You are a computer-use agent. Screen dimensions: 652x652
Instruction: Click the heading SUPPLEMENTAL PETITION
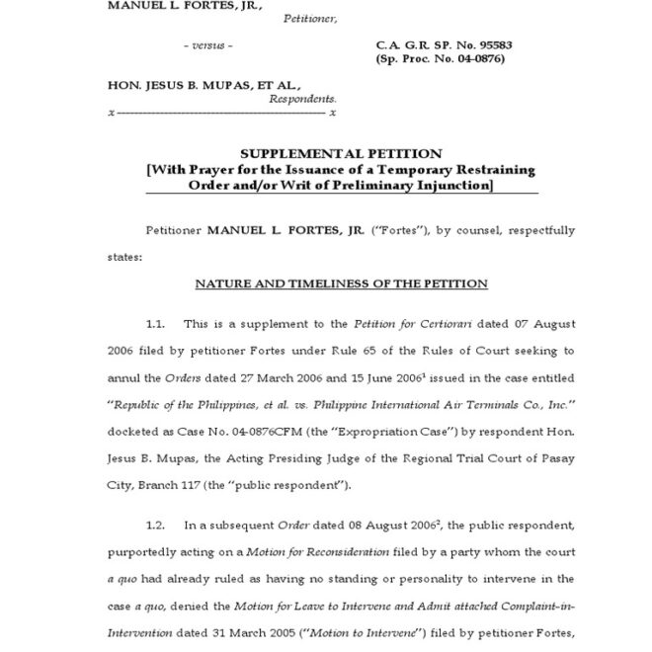(341, 154)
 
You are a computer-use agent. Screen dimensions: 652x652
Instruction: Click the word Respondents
(302, 100)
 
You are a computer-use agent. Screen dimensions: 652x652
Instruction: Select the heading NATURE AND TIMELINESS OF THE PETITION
(341, 284)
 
